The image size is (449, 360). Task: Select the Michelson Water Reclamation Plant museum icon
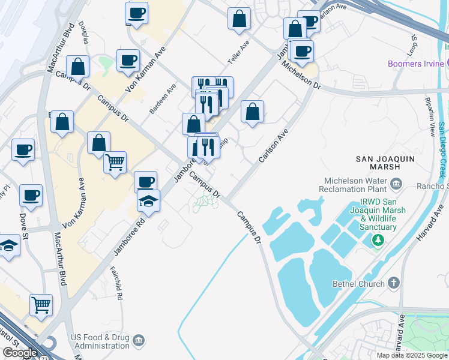pyautogui.click(x=396, y=183)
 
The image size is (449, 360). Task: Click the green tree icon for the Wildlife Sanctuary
pyautogui.click(x=378, y=241)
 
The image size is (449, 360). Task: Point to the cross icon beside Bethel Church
pyautogui.click(x=394, y=283)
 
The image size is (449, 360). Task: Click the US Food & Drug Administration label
pyautogui.click(x=100, y=341)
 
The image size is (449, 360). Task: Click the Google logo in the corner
pyautogui.click(x=19, y=353)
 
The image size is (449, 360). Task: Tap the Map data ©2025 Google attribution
pyautogui.click(x=412, y=355)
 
